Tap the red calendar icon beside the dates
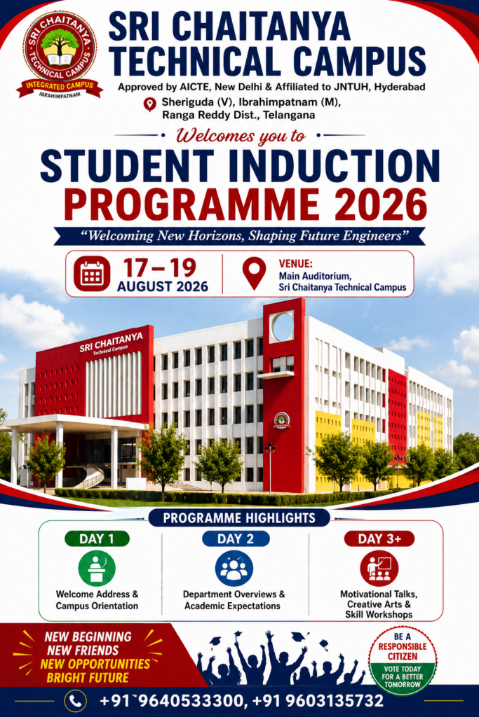92,274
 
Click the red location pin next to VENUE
254,273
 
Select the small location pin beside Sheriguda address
150,104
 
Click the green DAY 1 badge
97,538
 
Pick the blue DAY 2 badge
236,538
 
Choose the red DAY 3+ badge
379,538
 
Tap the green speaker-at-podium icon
97,569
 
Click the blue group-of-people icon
234,569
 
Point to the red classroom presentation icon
379,569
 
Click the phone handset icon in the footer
76,700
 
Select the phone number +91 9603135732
318,700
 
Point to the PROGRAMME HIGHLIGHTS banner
240,518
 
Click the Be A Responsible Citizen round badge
403,660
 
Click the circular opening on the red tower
283,326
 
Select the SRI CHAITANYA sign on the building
111,342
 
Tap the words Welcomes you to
241,136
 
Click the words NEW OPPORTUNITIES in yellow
95,664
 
